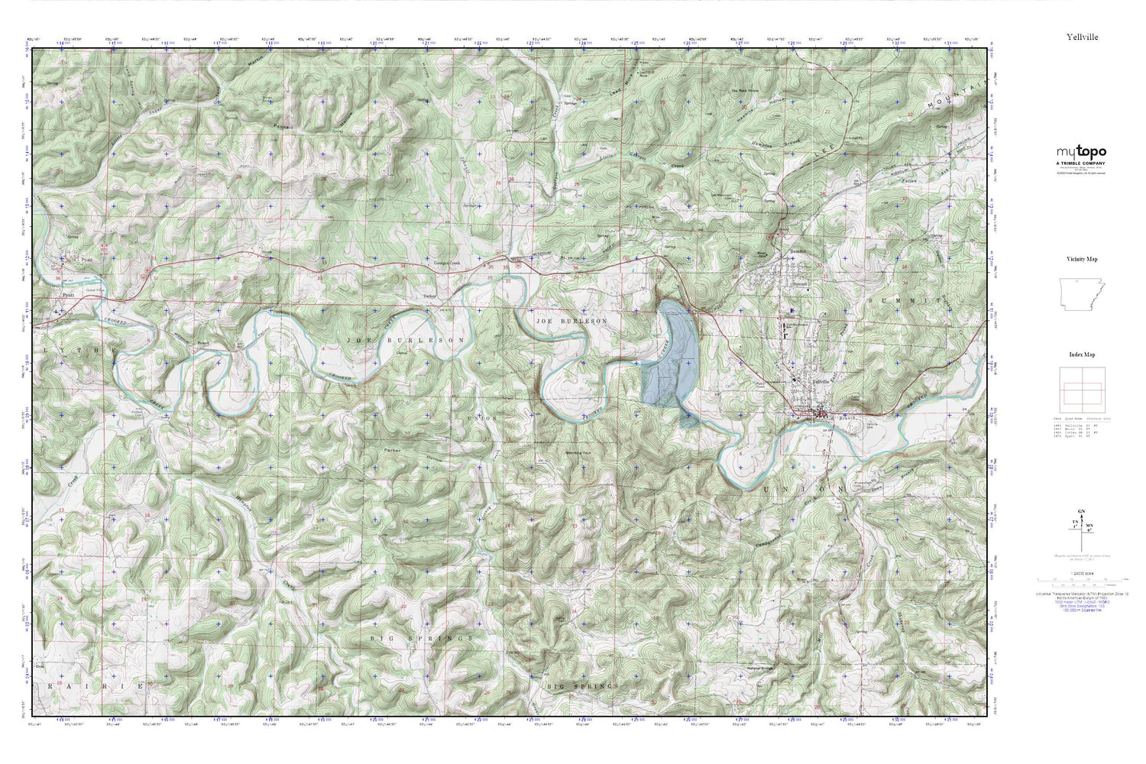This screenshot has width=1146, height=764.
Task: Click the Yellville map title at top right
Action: click(x=1082, y=37)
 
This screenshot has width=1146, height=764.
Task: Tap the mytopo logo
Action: click(x=1081, y=153)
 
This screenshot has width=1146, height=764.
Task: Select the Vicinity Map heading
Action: click(x=1082, y=259)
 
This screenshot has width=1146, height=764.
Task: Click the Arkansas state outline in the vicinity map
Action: click(x=1082, y=294)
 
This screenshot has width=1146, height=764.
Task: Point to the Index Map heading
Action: click(x=1082, y=354)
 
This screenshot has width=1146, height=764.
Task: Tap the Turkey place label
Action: click(x=429, y=296)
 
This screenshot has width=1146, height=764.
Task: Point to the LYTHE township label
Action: click(x=77, y=350)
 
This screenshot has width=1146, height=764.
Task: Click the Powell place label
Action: click(x=202, y=343)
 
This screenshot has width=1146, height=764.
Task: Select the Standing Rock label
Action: click(x=579, y=452)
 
